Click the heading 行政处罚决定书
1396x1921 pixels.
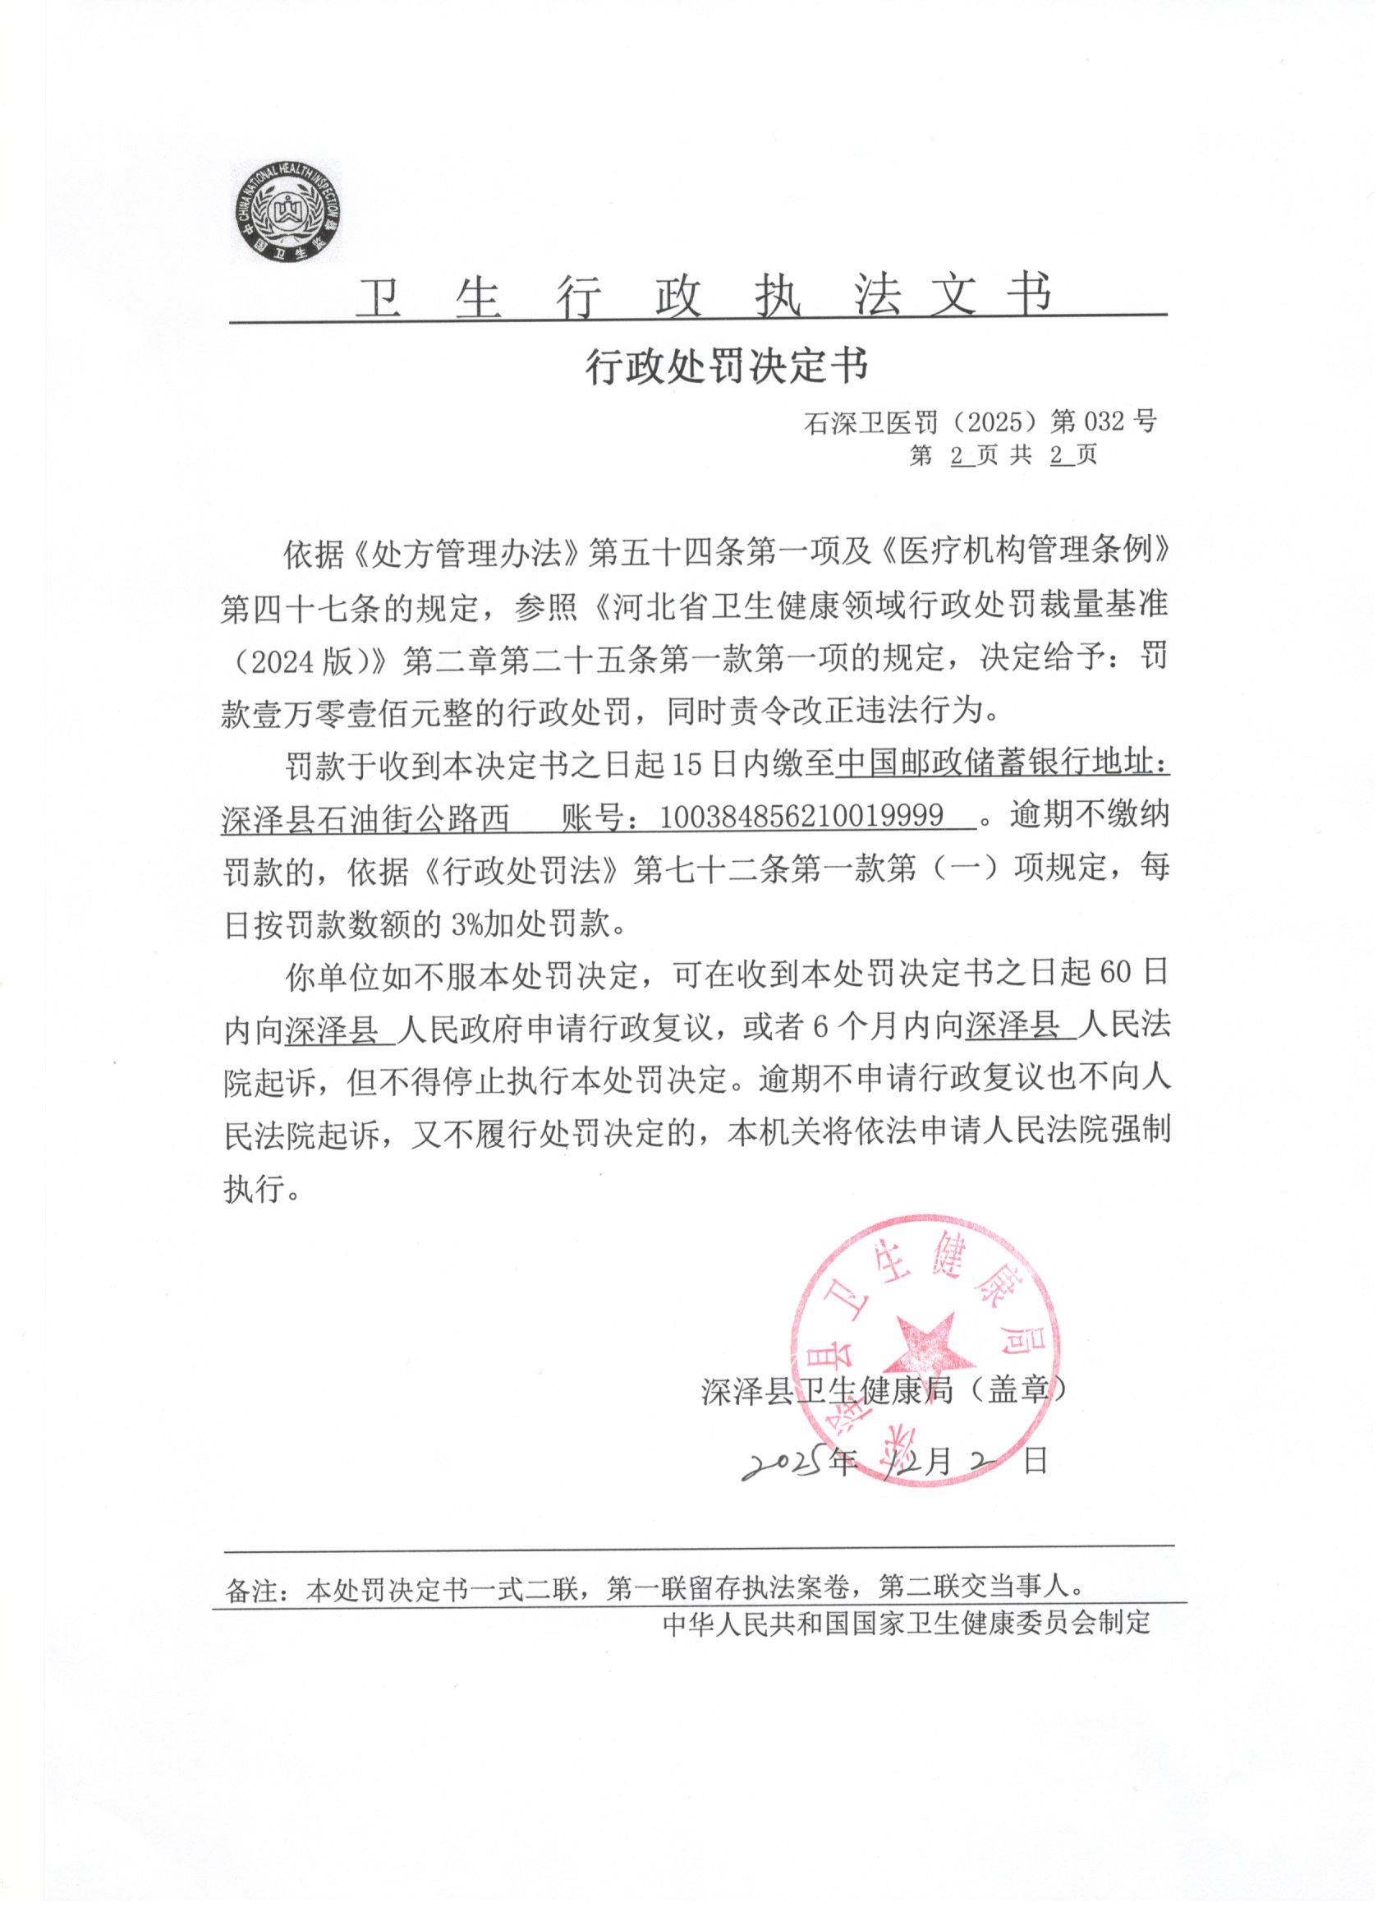coord(728,367)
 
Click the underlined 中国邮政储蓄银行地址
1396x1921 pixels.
coord(1003,764)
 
